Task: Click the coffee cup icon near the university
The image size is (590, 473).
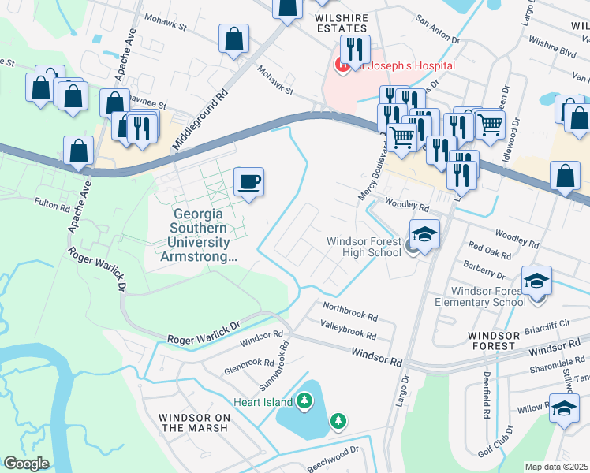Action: tap(248, 182)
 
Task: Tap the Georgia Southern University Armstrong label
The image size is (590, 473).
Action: tap(198, 235)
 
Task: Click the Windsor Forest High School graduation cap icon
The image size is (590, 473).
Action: tap(424, 234)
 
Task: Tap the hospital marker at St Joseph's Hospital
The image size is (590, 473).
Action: tap(344, 66)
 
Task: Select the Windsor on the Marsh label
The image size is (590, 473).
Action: tap(193, 423)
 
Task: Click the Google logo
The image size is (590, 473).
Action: tap(26, 464)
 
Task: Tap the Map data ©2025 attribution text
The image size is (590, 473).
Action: tap(557, 467)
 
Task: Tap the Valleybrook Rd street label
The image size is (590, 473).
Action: tap(348, 329)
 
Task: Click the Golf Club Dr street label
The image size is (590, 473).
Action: tap(498, 441)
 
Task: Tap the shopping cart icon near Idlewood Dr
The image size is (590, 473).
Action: tap(491, 123)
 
